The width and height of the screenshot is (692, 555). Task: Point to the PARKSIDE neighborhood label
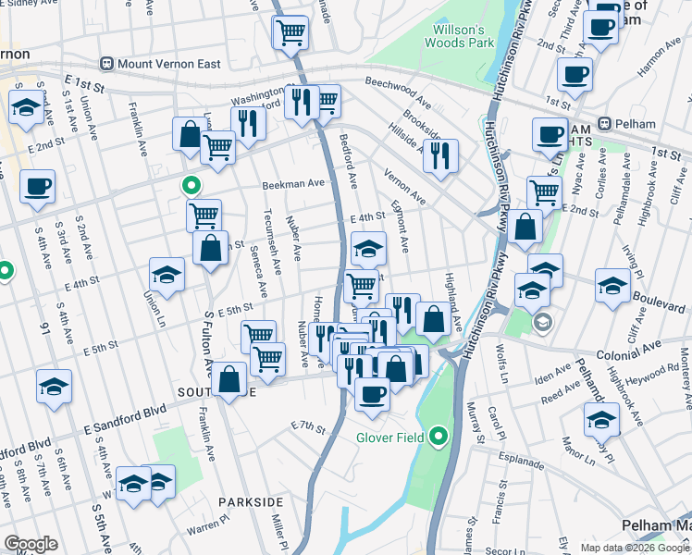pyautogui.click(x=250, y=501)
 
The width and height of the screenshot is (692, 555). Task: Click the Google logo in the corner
pyautogui.click(x=31, y=544)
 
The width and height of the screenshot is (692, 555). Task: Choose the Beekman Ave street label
pyautogui.click(x=293, y=183)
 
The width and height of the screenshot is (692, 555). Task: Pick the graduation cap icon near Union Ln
pyautogui.click(x=167, y=275)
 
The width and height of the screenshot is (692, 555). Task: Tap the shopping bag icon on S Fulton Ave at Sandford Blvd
pyautogui.click(x=229, y=378)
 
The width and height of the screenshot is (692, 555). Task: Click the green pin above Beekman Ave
pyautogui.click(x=192, y=185)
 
